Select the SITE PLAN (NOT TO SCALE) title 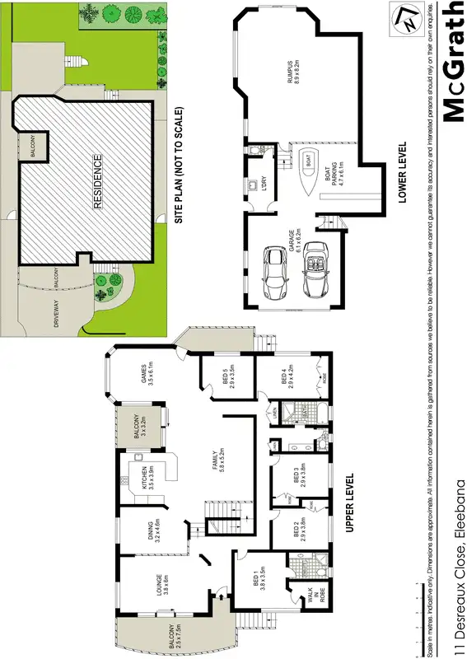(x=178, y=165)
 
